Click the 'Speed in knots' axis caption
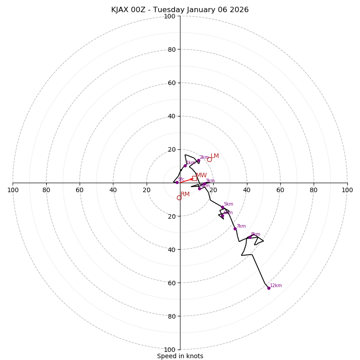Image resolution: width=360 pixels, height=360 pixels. pyautogui.click(x=180, y=356)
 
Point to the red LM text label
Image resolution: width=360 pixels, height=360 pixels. pyautogui.click(x=215, y=156)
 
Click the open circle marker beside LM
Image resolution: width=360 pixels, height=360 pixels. pyautogui.click(x=209, y=159)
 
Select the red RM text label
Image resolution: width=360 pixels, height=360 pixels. pyautogui.click(x=185, y=194)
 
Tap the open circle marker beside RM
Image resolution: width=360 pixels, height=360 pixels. pyautogui.click(x=179, y=198)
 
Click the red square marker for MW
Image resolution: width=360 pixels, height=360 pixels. pyautogui.click(x=194, y=178)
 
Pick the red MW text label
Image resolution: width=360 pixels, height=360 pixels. pyautogui.click(x=201, y=175)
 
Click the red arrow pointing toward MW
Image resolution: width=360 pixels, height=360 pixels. pyautogui.click(x=186, y=180)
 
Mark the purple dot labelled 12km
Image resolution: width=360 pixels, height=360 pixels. pyautogui.click(x=269, y=288)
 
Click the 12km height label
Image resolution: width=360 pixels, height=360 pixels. pyautogui.click(x=276, y=285)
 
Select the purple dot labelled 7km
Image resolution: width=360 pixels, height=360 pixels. pyautogui.click(x=235, y=229)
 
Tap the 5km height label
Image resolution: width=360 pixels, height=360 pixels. pyautogui.click(x=228, y=204)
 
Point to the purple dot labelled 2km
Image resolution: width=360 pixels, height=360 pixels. pyautogui.click(x=198, y=160)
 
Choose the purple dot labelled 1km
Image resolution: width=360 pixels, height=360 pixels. pyautogui.click(x=185, y=166)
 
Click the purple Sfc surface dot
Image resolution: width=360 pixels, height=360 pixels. pyautogui.click(x=177, y=182)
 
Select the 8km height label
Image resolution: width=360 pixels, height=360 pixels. pyautogui.click(x=255, y=234)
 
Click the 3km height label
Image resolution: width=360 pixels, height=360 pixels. pyautogui.click(x=210, y=181)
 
